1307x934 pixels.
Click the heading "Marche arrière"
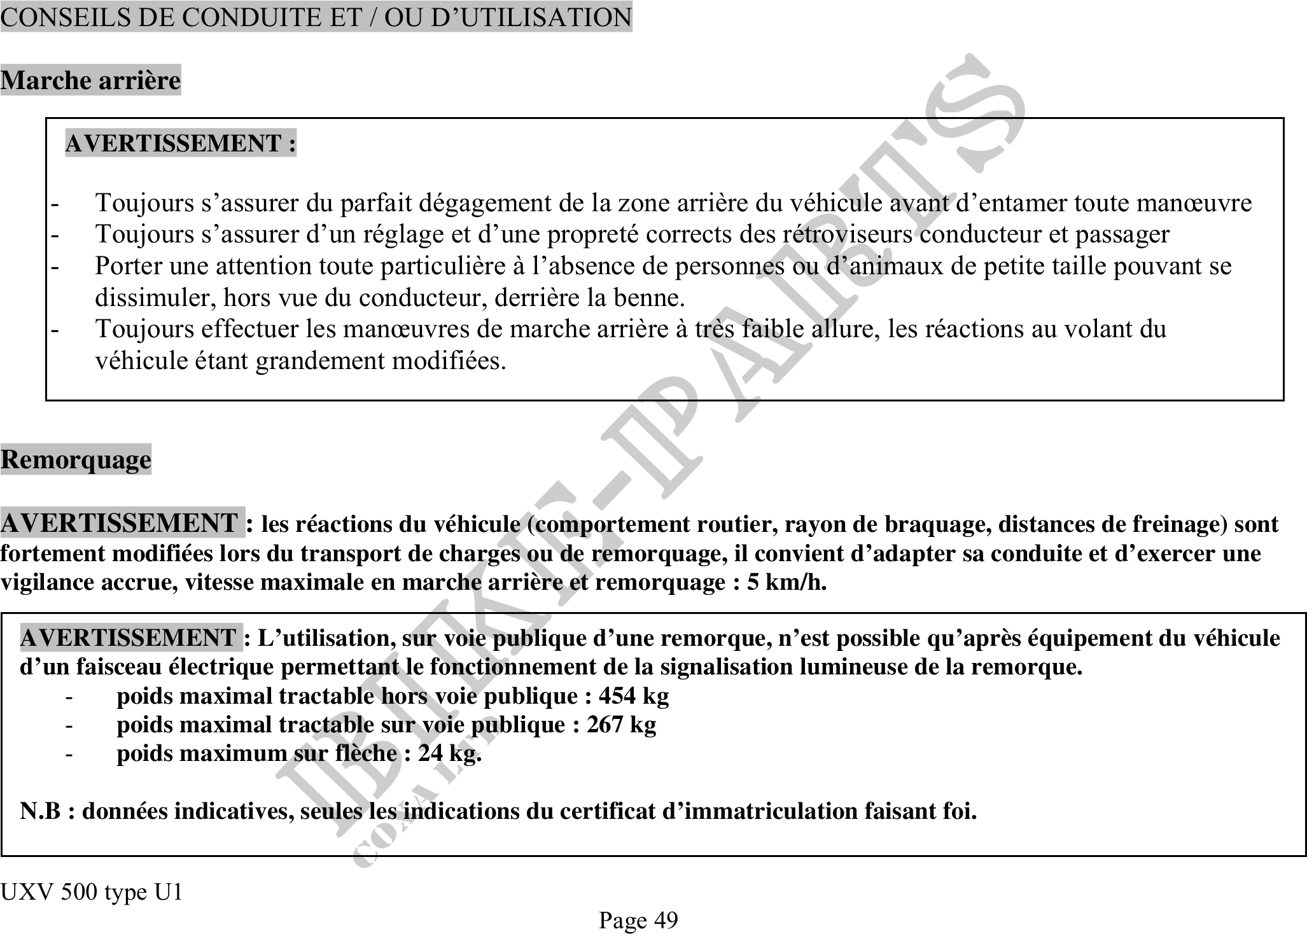[90, 81]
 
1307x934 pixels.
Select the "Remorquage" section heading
[76, 459]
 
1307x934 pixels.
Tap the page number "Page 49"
[638, 920]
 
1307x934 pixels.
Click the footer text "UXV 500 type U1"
[92, 893]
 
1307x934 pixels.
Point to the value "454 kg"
[634, 696]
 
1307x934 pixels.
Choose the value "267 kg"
[621, 725]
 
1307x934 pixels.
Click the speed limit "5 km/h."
[787, 582]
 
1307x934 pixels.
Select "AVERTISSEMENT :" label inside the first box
[181, 143]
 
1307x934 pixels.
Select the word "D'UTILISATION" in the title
[531, 17]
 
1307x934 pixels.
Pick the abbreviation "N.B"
[41, 811]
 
